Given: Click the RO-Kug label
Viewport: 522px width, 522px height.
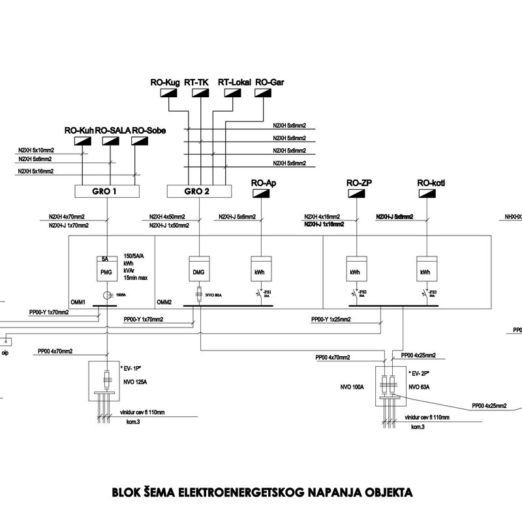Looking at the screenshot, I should click(164, 83).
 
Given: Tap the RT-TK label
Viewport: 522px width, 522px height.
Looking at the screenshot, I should click(196, 83).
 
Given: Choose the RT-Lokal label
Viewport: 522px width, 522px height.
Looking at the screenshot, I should click(233, 83).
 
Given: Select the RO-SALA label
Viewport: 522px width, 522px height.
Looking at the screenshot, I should click(112, 130).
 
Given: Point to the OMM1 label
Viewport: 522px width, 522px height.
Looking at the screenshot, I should click(80, 302).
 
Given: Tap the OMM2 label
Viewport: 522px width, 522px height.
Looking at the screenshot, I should click(164, 302).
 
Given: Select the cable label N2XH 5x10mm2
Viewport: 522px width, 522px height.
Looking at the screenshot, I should click(36, 149).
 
